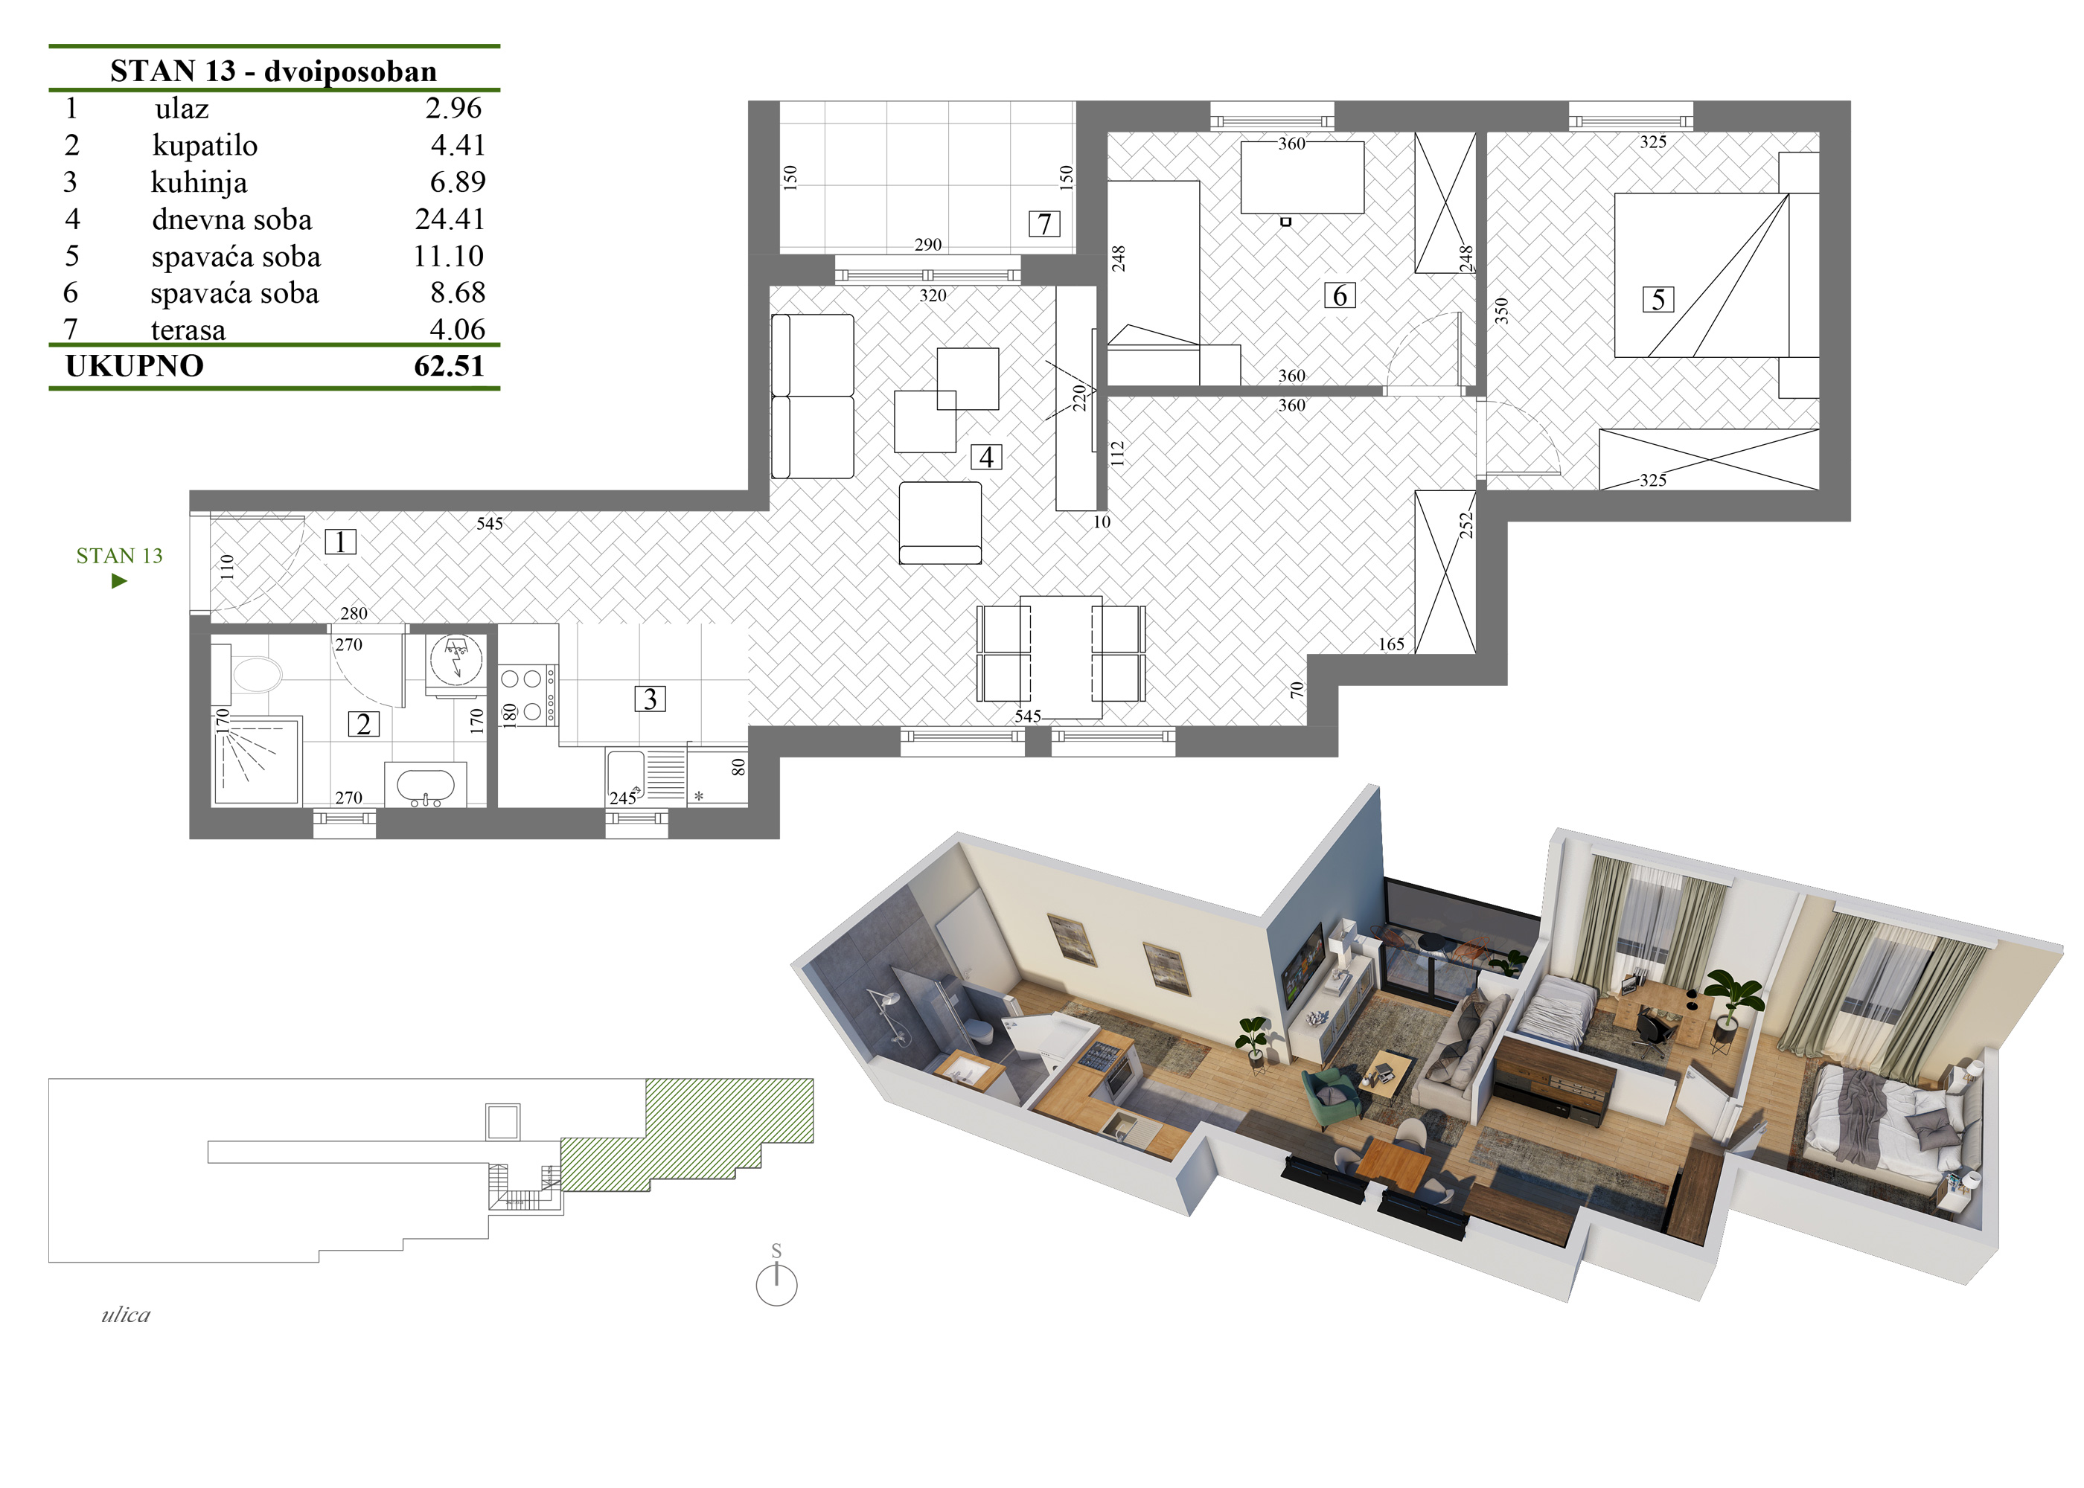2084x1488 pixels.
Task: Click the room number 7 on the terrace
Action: click(x=1045, y=223)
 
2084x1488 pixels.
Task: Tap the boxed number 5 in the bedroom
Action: click(x=1658, y=300)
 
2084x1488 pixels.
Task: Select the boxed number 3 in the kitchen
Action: click(x=650, y=699)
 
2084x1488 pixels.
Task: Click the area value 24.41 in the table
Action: click(x=449, y=219)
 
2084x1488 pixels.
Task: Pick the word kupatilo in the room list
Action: click(x=205, y=146)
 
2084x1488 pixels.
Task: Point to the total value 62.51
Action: click(x=449, y=365)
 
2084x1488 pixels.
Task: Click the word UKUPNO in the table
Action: click(x=135, y=365)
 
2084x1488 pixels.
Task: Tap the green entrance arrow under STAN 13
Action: click(x=119, y=581)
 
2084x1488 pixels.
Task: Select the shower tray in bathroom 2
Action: click(x=257, y=761)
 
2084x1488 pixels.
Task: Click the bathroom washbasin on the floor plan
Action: click(x=425, y=785)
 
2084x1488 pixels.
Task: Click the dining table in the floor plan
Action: click(x=1061, y=657)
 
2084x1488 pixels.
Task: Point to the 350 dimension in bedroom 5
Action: click(x=1500, y=312)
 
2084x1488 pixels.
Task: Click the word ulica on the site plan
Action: click(x=126, y=1315)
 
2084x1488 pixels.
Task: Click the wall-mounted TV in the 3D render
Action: click(x=1302, y=966)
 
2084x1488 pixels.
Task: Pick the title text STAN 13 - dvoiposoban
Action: click(x=273, y=71)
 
